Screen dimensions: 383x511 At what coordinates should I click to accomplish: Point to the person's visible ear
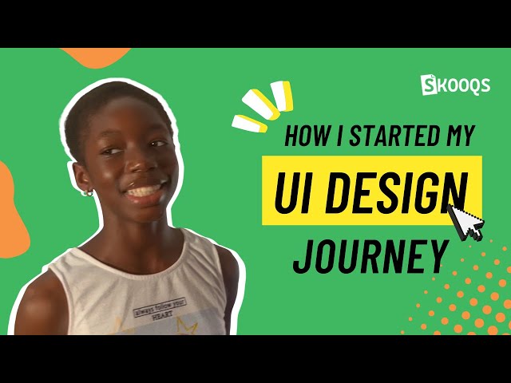click(x=83, y=180)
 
